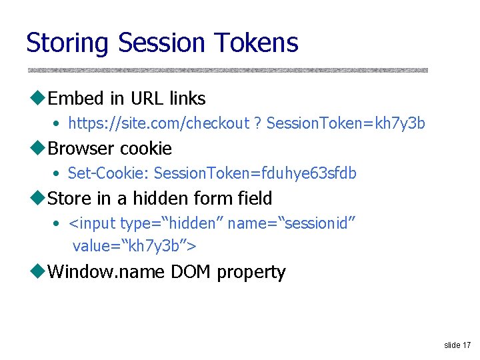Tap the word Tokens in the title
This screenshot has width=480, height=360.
coord(257,43)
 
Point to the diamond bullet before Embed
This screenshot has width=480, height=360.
coord(37,99)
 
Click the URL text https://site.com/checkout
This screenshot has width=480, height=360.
coord(158,124)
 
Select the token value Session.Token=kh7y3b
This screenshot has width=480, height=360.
coord(345,124)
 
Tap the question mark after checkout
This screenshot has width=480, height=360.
coord(258,124)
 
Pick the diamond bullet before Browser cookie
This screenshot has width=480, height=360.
coord(37,149)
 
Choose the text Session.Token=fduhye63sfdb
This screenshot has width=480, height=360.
coord(255,173)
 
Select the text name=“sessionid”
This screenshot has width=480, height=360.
coord(292,223)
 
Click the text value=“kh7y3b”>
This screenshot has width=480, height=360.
coord(134,246)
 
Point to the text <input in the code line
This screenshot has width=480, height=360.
coord(92,223)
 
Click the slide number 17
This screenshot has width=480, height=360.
coord(465,345)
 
